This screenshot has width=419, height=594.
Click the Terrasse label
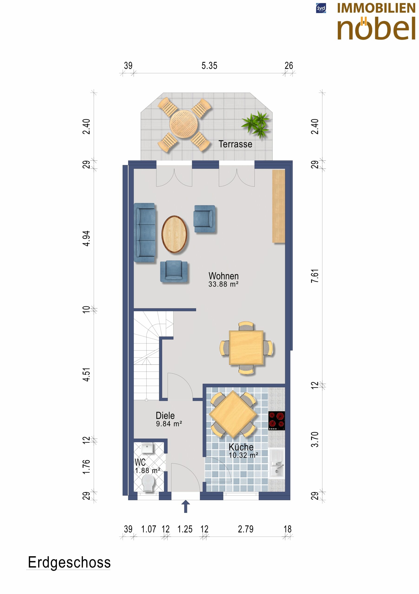[235, 144]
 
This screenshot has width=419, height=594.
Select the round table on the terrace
[184, 124]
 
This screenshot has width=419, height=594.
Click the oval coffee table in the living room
[174, 234]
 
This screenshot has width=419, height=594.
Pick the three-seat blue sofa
[145, 233]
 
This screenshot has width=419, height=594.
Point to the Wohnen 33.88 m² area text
[223, 280]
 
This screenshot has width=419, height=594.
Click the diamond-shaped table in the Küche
[233, 414]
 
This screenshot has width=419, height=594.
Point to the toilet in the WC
[148, 484]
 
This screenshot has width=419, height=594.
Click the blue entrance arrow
[185, 506]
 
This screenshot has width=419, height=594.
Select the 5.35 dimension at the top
[209, 66]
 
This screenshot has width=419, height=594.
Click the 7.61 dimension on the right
[315, 276]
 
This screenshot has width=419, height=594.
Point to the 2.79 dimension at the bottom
[246, 529]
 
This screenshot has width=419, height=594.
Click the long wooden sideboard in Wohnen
[279, 206]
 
